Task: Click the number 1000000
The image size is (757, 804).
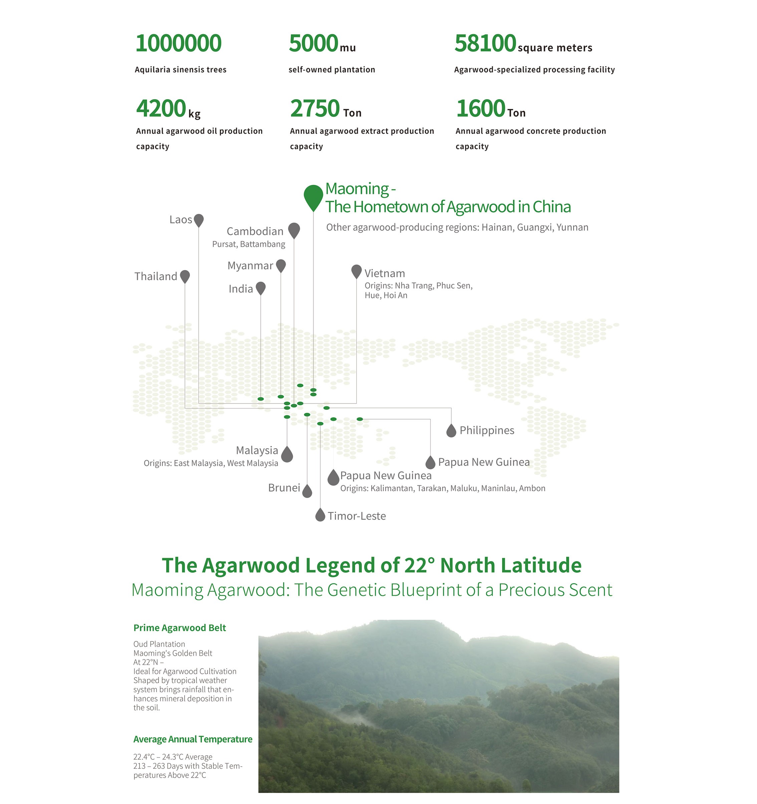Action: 178,43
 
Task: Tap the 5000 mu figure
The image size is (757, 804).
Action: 322,44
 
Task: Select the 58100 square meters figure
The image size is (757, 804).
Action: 523,44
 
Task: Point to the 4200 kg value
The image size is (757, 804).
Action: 168,109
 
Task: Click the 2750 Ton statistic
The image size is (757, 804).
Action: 325,109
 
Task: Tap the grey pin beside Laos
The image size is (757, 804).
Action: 199,220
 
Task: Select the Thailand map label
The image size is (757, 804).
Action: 156,276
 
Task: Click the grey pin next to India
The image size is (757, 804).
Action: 261,288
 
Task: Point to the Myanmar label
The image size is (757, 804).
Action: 250,266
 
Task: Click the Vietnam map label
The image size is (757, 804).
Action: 385,273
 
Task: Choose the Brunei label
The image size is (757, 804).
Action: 284,488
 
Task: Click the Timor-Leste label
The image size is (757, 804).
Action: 357,516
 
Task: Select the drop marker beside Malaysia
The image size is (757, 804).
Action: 287,454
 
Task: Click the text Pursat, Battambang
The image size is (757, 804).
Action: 249,244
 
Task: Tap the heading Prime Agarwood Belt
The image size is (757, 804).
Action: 180,628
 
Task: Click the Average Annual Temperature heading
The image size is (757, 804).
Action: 193,739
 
